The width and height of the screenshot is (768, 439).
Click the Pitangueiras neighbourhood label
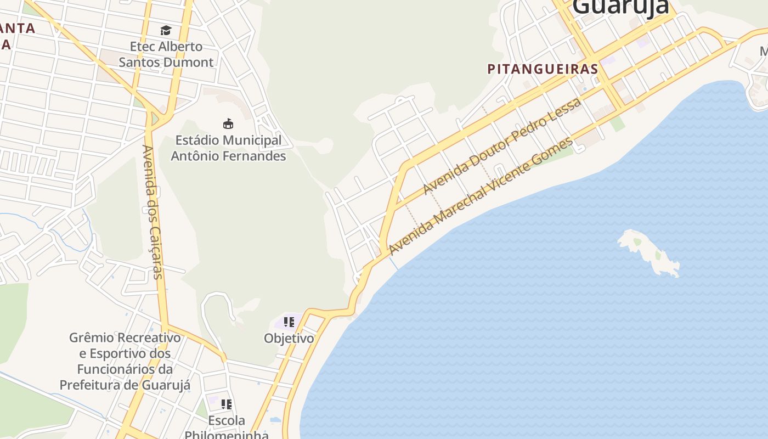pos(543,69)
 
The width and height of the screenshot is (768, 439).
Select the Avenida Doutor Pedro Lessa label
pos(502,147)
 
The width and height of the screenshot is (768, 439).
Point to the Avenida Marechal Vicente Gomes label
pos(481,196)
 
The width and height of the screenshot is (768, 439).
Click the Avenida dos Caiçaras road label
pos(153,212)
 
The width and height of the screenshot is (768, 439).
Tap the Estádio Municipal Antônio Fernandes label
pos(228,148)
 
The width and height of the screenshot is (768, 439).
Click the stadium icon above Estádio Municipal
pos(228,123)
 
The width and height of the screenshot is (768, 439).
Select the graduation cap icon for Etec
pos(166,30)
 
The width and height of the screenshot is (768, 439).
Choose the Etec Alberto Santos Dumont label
pos(166,54)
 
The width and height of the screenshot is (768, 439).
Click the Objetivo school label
pos(289,338)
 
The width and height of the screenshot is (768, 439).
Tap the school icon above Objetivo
pos(289,322)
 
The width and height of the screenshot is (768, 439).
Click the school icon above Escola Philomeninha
pos(226,404)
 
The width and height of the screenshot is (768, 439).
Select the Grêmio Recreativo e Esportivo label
pos(125,361)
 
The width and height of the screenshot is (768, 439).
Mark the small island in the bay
pos(650,251)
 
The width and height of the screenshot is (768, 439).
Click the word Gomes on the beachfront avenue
pos(560,148)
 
